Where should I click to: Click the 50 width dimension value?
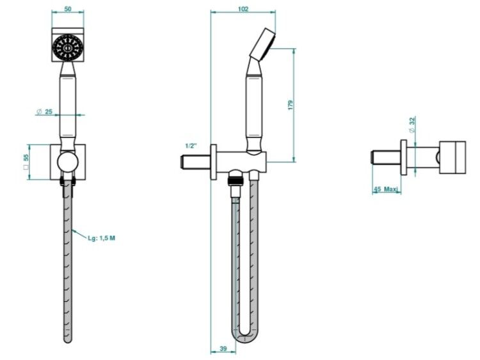tap(68, 9)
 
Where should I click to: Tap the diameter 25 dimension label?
tap(45, 112)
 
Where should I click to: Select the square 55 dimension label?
tap(26, 162)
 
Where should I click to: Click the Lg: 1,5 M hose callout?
tap(102, 239)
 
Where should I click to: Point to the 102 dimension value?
tap(243, 9)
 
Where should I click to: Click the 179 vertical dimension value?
tap(291, 105)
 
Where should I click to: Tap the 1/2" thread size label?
tap(190, 146)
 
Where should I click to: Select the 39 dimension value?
tap(223, 348)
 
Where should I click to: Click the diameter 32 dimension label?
tap(413, 124)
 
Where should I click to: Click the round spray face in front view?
tap(68, 48)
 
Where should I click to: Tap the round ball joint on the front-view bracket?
tap(68, 161)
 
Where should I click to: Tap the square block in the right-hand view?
tap(452, 157)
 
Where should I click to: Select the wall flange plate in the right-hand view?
tap(404, 157)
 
